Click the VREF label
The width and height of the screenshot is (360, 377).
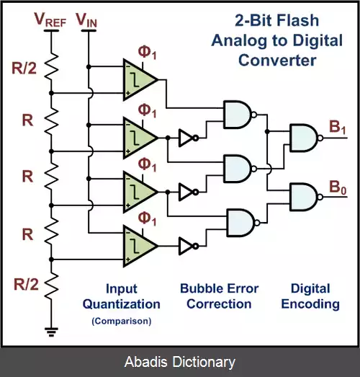pos(50,19)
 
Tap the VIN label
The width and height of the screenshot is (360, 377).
pos(86,19)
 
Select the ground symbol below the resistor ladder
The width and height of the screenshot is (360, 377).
pos(51,332)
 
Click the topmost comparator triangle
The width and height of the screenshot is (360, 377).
pos(140,79)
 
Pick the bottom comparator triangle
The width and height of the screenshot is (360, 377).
pos(140,246)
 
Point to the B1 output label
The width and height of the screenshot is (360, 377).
pos(338,127)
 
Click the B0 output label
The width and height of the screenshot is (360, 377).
pos(338,187)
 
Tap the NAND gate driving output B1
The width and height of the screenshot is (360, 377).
pos(306,138)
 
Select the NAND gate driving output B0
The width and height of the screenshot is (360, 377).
pos(306,197)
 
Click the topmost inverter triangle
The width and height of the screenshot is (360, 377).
pos(189,138)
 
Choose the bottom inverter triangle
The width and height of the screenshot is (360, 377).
pos(189,246)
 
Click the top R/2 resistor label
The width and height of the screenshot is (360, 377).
pos(24,68)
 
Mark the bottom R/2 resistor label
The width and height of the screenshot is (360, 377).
pos(26,284)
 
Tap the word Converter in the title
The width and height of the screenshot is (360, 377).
pos(277,60)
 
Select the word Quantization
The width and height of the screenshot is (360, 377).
pos(122,304)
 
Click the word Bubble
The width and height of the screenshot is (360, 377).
pos(199,288)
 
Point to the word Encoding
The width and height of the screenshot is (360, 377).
pos(310,304)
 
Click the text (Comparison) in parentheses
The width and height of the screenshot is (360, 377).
pos(122,321)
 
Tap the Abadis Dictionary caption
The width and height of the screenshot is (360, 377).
pos(180,362)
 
